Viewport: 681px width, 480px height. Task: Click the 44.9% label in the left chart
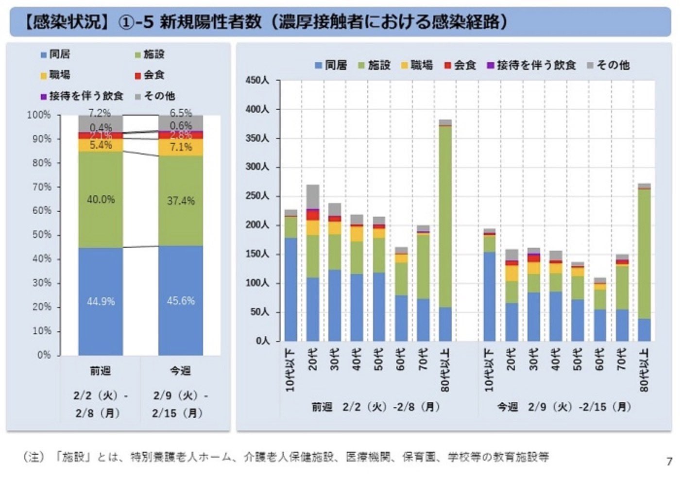pos(101,302)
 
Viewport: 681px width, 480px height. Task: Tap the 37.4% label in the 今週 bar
pos(181,201)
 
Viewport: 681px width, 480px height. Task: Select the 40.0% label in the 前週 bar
pos(101,200)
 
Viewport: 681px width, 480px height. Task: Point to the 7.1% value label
pos(181,147)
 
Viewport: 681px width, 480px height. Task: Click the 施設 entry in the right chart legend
pos(375,65)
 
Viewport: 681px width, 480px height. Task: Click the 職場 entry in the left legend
pos(55,75)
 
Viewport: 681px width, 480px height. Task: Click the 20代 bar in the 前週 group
pos(313,263)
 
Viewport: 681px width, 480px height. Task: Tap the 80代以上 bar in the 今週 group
pos(644,262)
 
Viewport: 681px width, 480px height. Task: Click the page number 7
pos(669,461)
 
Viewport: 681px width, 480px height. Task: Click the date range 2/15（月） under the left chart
pos(177,413)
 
